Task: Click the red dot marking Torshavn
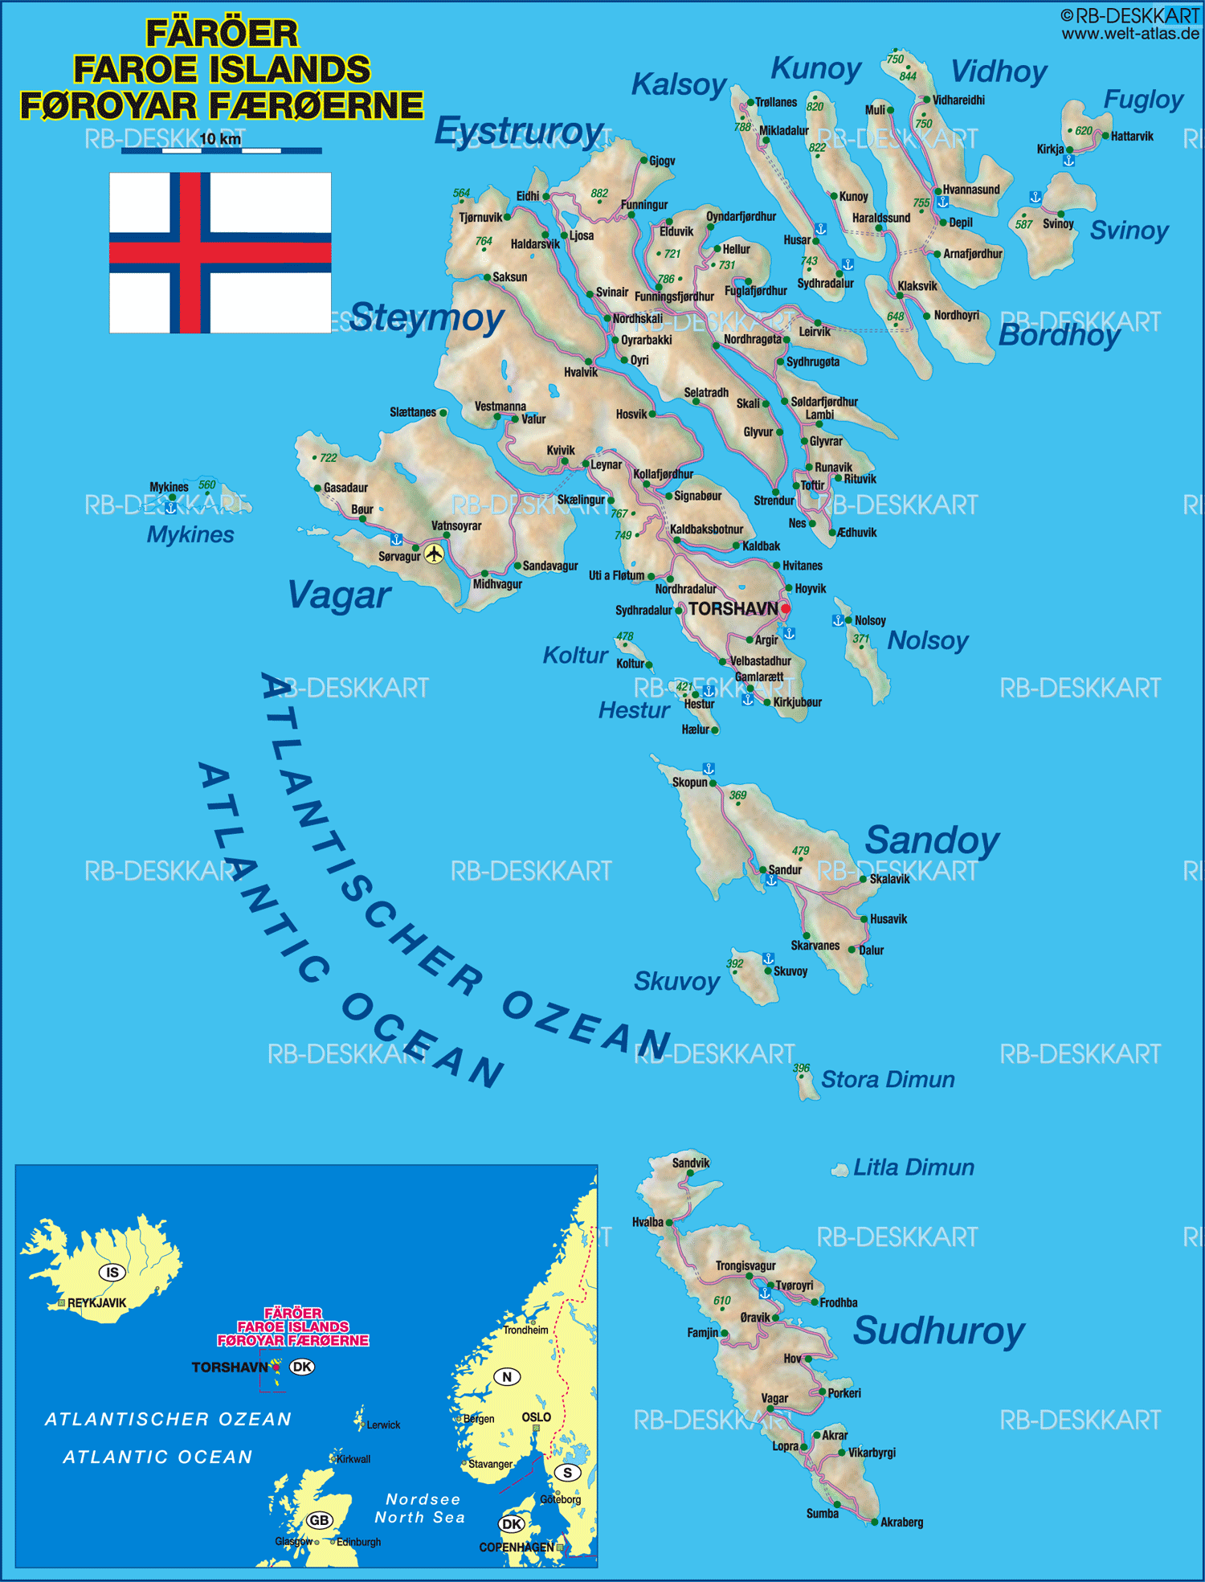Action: click(785, 609)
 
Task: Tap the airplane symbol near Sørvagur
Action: click(434, 554)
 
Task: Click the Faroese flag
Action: click(220, 252)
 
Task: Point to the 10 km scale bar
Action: click(221, 149)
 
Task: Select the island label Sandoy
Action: click(932, 840)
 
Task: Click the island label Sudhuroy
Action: click(938, 1331)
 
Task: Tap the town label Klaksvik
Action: click(917, 286)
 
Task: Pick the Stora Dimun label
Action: click(887, 1079)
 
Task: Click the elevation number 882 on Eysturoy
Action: click(599, 193)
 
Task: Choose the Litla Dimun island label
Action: click(913, 1167)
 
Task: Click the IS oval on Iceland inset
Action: click(112, 1272)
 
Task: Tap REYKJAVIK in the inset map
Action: click(96, 1303)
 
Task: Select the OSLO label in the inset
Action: click(537, 1417)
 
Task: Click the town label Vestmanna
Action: click(500, 407)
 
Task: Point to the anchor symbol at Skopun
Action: click(709, 769)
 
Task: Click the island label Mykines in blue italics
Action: click(190, 534)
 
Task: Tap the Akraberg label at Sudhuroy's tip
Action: click(901, 1522)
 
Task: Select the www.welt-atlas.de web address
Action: click(1129, 33)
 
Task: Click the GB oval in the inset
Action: click(319, 1520)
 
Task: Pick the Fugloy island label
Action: click(1142, 100)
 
